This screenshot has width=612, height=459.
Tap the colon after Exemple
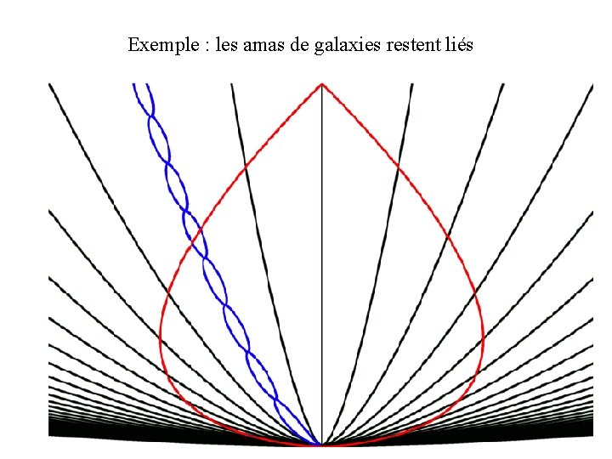click(x=205, y=45)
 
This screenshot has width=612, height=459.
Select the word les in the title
click(x=227, y=44)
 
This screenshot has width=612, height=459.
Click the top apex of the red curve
click(x=321, y=83)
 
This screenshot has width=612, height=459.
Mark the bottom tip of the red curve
click(x=321, y=445)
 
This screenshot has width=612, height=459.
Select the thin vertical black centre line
click(x=321, y=255)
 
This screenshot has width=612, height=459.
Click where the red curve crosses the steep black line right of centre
click(x=398, y=167)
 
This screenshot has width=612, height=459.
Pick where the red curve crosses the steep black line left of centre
click(x=245, y=167)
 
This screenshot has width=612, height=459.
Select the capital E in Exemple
click(x=133, y=44)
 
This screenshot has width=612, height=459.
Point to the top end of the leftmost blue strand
click(x=133, y=84)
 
